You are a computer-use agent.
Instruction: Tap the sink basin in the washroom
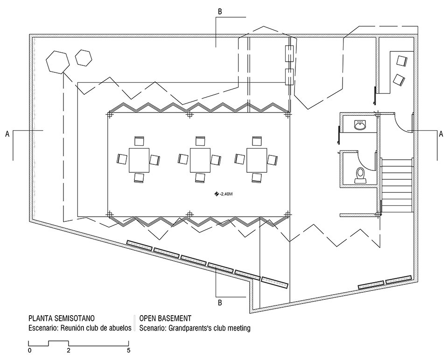(x=360, y=125)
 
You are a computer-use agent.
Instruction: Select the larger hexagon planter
(x=58, y=62)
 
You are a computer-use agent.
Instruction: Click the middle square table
(x=200, y=160)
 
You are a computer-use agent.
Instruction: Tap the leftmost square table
(x=139, y=160)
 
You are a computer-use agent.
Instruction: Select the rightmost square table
(x=257, y=160)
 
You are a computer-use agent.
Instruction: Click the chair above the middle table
(x=200, y=141)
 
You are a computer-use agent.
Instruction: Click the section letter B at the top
(x=220, y=12)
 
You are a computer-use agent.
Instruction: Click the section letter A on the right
(x=441, y=134)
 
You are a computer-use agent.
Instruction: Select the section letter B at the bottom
(x=220, y=303)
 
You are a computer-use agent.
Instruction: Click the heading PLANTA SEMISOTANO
(x=62, y=318)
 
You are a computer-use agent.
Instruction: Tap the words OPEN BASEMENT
(x=165, y=318)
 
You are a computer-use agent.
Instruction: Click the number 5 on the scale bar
(x=129, y=350)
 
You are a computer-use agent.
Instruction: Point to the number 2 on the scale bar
(x=68, y=350)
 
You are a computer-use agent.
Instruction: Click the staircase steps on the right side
(x=398, y=185)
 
